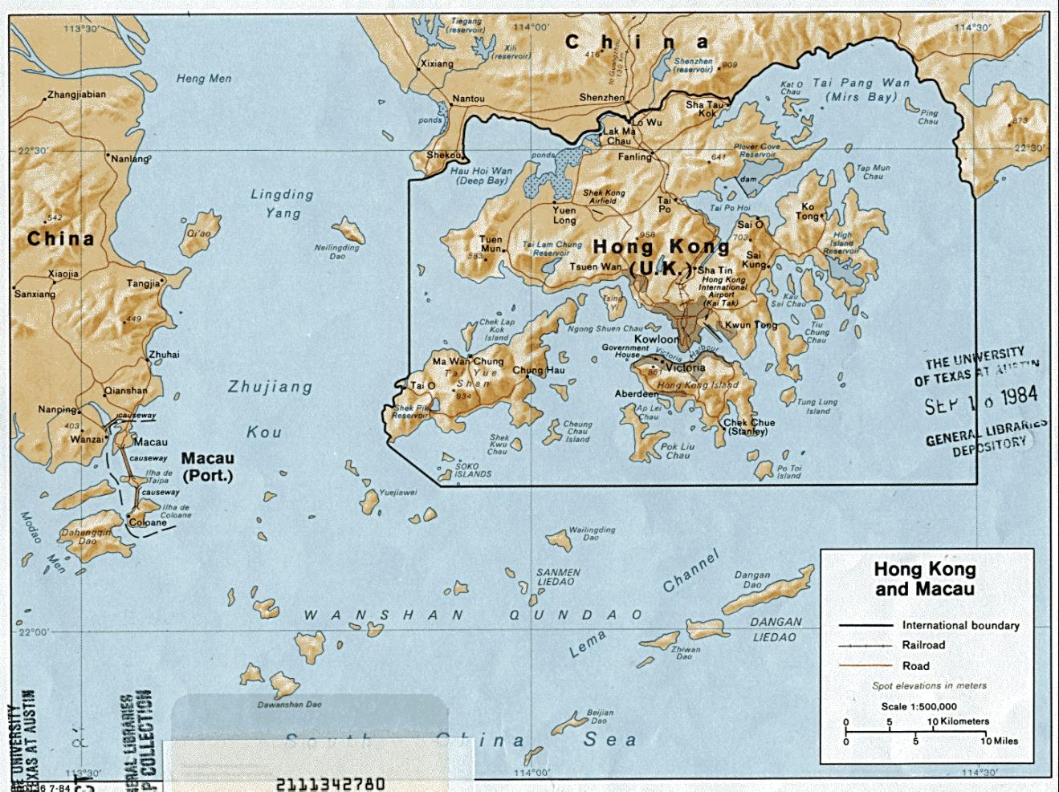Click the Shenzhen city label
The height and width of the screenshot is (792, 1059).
(x=601, y=98)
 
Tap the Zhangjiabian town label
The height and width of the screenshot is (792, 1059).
(x=76, y=94)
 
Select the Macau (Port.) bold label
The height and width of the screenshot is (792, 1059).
(x=207, y=466)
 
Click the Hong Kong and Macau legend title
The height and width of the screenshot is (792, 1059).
(x=924, y=579)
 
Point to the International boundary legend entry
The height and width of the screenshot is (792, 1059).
(x=960, y=625)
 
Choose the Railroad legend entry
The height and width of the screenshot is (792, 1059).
(x=923, y=644)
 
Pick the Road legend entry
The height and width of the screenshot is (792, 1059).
(x=915, y=665)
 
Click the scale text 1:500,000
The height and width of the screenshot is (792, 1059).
(x=918, y=706)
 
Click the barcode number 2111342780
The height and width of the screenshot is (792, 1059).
(x=330, y=783)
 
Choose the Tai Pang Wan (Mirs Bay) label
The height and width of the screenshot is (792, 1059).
(x=861, y=89)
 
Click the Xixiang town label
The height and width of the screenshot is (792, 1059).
(x=437, y=63)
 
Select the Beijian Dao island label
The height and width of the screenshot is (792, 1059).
(x=600, y=716)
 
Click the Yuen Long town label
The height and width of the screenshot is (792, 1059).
(x=564, y=215)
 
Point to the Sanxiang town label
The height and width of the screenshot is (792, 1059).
(x=35, y=294)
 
